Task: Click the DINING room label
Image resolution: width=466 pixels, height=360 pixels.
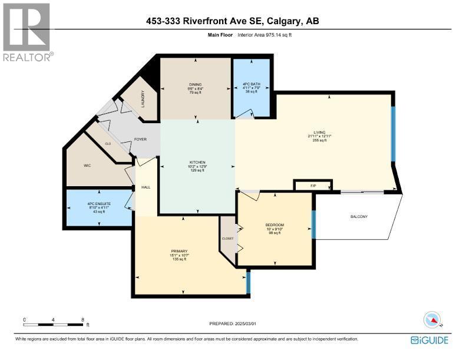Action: [x=195, y=84]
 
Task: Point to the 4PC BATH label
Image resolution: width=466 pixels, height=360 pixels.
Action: [x=251, y=84]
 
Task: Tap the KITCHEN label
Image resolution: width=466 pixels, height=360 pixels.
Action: [x=197, y=161]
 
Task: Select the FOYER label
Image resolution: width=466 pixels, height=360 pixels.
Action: [x=140, y=140]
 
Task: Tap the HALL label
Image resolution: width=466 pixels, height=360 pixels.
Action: [x=146, y=188]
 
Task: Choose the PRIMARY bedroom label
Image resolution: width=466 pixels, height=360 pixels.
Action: [x=179, y=251]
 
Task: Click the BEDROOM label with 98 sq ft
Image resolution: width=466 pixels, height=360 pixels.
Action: [x=275, y=224]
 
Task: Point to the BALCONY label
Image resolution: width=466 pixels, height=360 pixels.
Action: [x=359, y=216]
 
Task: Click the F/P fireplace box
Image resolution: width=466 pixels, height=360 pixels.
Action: [x=313, y=186]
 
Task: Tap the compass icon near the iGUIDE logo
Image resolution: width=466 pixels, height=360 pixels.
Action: [x=433, y=320]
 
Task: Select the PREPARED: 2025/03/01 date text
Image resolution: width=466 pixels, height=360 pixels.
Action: [x=233, y=323]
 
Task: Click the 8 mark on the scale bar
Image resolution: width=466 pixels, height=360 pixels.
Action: [x=82, y=320]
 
